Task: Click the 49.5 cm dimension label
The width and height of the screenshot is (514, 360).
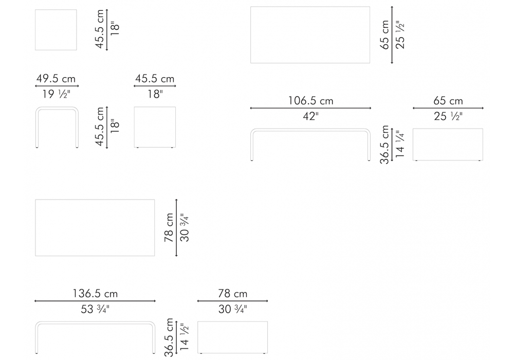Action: click(x=56, y=79)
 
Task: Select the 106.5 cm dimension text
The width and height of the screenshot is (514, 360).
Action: click(x=310, y=101)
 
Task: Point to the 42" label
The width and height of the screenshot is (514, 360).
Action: click(x=310, y=116)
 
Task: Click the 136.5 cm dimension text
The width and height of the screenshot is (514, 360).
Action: click(x=95, y=294)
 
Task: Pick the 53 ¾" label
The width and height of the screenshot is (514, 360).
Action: click(x=95, y=309)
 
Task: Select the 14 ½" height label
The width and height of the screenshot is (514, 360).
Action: click(x=184, y=336)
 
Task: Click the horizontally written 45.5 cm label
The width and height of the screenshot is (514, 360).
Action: click(x=155, y=79)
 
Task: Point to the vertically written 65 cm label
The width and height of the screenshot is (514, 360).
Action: click(x=384, y=35)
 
